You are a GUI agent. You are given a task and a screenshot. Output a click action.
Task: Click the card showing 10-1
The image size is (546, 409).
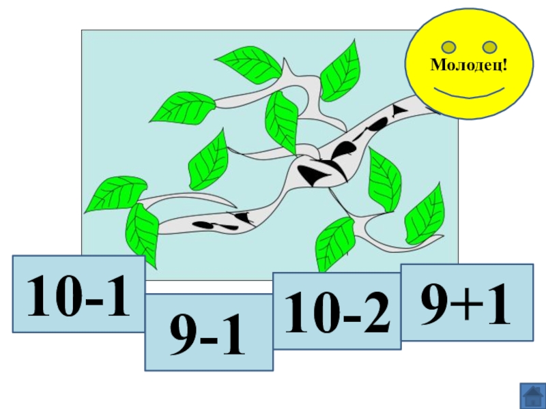(78, 294)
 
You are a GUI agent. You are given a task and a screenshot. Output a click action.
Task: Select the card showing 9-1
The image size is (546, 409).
(209, 333)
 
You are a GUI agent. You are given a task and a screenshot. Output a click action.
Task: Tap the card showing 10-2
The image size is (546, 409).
(337, 311)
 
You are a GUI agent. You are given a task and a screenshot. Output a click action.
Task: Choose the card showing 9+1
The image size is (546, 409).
(466, 302)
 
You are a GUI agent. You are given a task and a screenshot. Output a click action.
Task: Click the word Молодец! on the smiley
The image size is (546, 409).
(470, 65)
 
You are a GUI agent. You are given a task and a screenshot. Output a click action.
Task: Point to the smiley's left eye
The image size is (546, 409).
(449, 47)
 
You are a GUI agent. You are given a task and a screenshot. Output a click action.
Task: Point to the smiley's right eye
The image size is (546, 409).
(490, 47)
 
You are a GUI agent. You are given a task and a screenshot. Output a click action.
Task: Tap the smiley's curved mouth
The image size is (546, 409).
(470, 92)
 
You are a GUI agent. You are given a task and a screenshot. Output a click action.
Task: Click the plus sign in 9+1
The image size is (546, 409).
(466, 305)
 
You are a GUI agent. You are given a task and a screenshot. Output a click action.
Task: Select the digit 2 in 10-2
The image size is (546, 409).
(375, 312)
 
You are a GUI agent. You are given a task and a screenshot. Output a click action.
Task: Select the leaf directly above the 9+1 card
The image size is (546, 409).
(425, 214)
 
